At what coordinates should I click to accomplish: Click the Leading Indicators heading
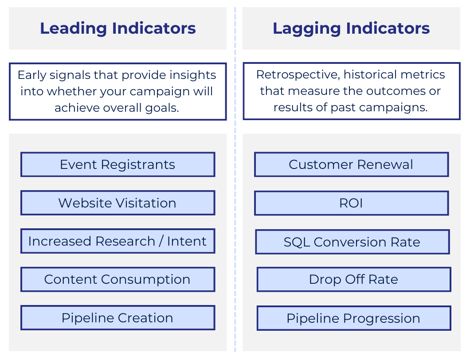tap(117, 28)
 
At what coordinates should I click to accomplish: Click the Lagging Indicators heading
tap(351, 28)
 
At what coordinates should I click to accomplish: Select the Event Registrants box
tap(117, 164)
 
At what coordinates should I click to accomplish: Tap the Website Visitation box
tap(117, 203)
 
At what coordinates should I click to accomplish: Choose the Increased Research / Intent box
tap(117, 241)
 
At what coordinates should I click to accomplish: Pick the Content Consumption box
tap(117, 279)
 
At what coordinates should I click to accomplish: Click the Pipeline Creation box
tap(117, 318)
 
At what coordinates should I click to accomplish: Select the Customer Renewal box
tap(351, 164)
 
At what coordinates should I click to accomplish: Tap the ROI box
tap(351, 203)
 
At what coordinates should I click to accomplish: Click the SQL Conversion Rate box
tap(352, 242)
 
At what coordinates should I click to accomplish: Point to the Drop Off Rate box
tap(353, 279)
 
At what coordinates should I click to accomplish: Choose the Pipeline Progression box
tap(353, 318)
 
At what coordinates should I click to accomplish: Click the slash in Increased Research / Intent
tap(161, 241)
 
